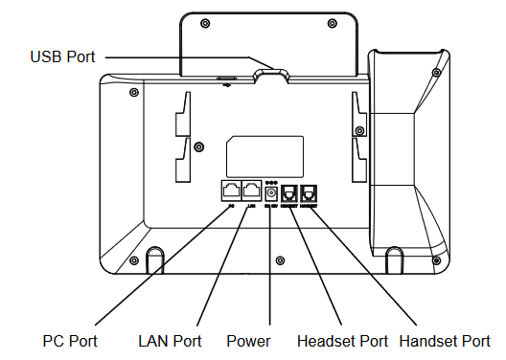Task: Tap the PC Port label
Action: click(70, 340)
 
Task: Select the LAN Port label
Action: click(170, 340)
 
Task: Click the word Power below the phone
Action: click(248, 340)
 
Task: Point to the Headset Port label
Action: click(343, 340)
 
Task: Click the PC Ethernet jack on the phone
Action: click(231, 191)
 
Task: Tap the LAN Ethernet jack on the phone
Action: click(251, 191)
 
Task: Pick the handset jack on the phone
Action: click(310, 192)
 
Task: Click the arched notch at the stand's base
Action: click(272, 72)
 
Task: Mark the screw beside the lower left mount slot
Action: click(198, 146)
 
